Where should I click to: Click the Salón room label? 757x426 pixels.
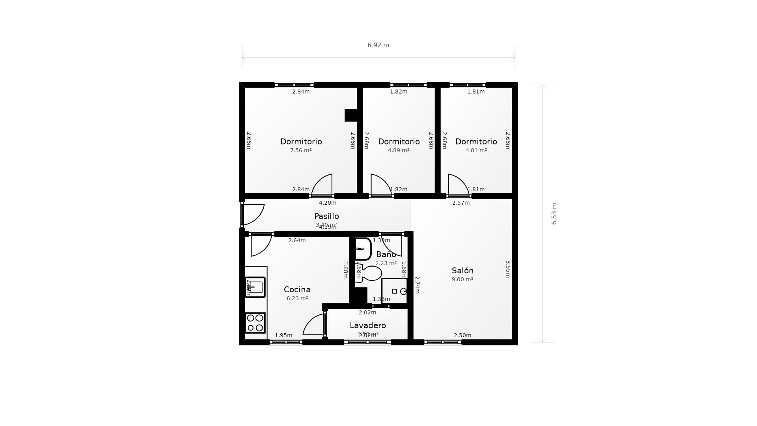[462, 271]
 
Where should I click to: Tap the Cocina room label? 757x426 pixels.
[297, 290]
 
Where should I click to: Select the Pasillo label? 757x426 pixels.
[326, 216]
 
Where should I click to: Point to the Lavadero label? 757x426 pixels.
[367, 325]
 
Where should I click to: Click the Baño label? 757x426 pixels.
[386, 254]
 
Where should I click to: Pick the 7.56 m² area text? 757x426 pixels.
[301, 150]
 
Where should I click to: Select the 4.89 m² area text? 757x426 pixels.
[399, 150]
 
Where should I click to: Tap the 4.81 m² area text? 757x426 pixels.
[476, 150]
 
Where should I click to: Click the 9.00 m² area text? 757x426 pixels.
[462, 279]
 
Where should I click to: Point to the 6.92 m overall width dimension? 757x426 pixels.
[378, 45]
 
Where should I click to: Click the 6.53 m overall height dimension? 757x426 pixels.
[554, 214]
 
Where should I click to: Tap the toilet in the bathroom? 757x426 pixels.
[371, 273]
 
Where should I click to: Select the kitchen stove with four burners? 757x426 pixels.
[255, 323]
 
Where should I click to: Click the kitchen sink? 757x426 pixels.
[255, 287]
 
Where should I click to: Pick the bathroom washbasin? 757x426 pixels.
[363, 249]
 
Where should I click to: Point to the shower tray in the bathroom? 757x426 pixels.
[394, 291]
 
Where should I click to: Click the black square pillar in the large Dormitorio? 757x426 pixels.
[351, 115]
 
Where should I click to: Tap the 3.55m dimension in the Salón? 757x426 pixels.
[508, 269]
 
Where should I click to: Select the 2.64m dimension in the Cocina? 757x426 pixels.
[297, 240]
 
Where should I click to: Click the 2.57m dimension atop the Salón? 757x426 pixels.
[461, 203]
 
